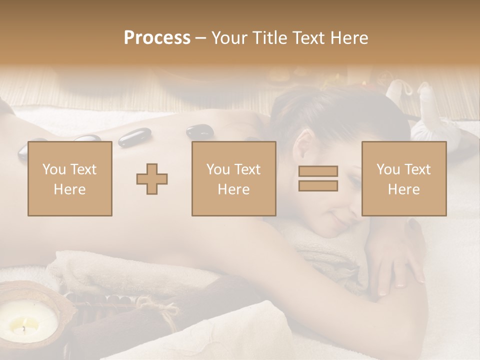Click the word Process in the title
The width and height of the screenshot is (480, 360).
[x=157, y=38]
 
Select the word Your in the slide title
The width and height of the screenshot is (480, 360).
[x=229, y=38]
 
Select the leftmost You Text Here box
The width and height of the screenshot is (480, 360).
[x=70, y=179]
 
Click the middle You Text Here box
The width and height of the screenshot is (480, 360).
[x=234, y=179]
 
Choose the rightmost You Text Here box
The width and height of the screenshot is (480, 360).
[x=404, y=179]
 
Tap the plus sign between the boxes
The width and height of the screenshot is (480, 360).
[x=152, y=179]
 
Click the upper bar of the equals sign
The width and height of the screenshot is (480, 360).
[x=318, y=171]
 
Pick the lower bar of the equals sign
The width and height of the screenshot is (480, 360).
[x=318, y=185]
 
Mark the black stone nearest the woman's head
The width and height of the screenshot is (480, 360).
[x=200, y=131]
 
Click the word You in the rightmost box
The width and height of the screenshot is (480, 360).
[x=387, y=169]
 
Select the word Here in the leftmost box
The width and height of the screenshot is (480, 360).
[x=70, y=189]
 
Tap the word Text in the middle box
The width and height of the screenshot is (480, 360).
[x=247, y=169]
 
